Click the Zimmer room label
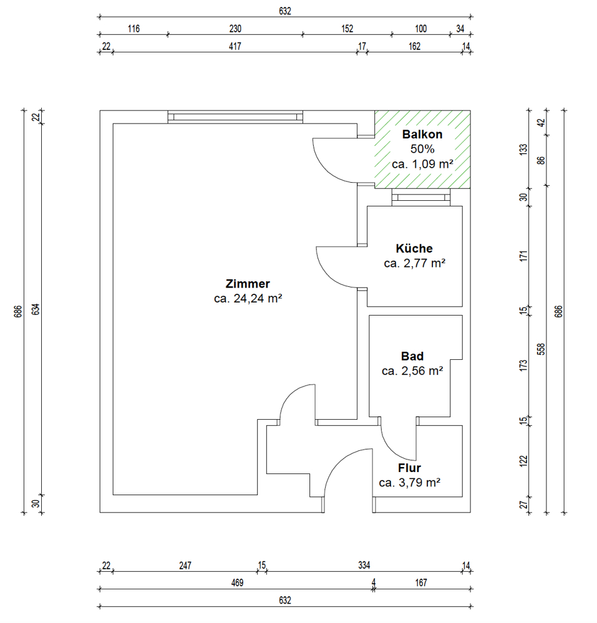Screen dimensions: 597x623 coord(248,284)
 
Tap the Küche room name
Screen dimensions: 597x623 coord(414,248)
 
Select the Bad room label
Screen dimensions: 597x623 coord(412,356)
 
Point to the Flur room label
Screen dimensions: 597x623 coord(409,468)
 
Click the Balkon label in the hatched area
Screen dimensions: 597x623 coord(422,134)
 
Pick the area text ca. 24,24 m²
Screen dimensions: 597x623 coord(248,298)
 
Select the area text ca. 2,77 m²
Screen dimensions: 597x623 coord(415,263)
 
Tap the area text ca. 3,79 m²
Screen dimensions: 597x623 coord(409,482)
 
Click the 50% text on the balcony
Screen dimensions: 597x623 coord(422,149)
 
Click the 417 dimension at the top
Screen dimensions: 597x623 coord(235,47)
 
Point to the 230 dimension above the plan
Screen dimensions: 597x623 coord(235,29)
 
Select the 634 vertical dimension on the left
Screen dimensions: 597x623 coord(36,309)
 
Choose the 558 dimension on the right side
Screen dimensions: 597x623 coord(541,349)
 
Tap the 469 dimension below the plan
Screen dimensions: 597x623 coord(237,583)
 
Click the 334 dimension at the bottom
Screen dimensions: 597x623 coord(364,565)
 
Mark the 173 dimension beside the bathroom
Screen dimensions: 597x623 coord(523,365)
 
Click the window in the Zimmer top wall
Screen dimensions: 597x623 coord(235,117)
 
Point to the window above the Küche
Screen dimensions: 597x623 coord(421,198)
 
